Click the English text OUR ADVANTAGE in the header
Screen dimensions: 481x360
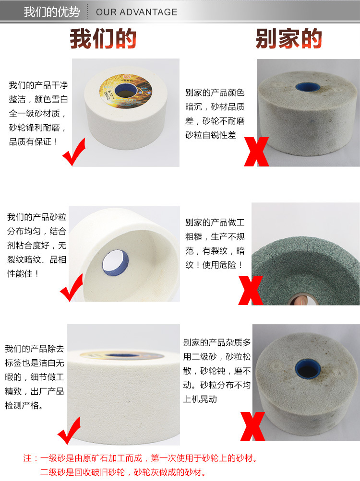click(x=136, y=12)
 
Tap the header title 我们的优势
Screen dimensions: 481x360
click(x=51, y=12)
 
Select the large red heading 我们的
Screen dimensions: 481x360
click(x=103, y=39)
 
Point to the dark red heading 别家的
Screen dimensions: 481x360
click(x=288, y=39)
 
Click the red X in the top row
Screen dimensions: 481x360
click(x=256, y=151)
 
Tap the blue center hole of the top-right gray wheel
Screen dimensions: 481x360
click(x=306, y=88)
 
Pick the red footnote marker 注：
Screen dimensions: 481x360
click(x=31, y=458)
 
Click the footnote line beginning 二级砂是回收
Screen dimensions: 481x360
click(x=123, y=472)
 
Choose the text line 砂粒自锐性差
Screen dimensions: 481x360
click(x=211, y=135)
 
